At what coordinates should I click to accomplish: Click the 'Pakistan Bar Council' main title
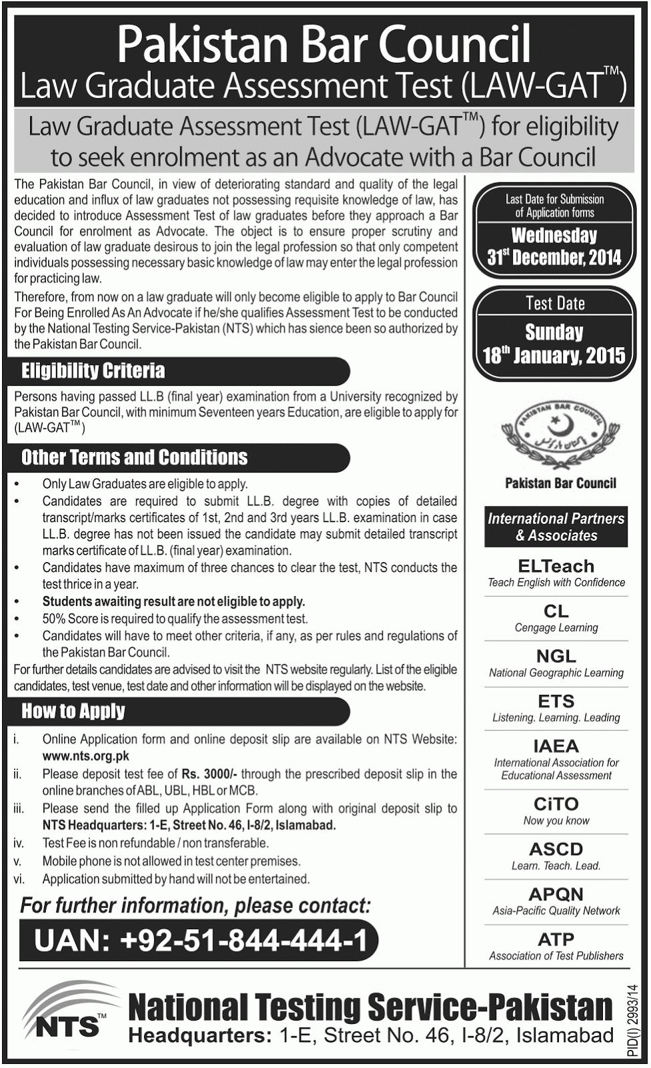[x=324, y=45]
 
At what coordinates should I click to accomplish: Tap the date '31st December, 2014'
[x=554, y=258]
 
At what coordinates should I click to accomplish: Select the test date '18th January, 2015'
[x=554, y=355]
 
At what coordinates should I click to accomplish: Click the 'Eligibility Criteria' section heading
[x=93, y=371]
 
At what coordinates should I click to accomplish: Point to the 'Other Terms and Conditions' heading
[x=134, y=457]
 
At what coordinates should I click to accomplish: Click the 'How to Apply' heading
[x=73, y=712]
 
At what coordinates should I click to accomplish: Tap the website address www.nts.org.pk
[x=85, y=756]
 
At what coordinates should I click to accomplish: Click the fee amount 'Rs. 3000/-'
[x=209, y=774]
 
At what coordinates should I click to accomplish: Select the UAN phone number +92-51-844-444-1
[x=200, y=941]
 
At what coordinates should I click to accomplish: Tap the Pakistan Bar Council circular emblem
[x=556, y=434]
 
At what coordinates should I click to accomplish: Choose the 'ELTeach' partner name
[x=556, y=566]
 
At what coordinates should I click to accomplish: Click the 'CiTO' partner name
[x=556, y=804]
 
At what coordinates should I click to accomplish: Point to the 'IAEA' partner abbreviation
[x=556, y=746]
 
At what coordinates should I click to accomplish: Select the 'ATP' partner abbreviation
[x=556, y=940]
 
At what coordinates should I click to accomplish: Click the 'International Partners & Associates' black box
[x=556, y=527]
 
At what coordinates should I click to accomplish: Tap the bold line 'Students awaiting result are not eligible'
[x=173, y=601]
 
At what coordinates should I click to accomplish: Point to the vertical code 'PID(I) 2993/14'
[x=634, y=1021]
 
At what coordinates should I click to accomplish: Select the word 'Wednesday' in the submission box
[x=554, y=236]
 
